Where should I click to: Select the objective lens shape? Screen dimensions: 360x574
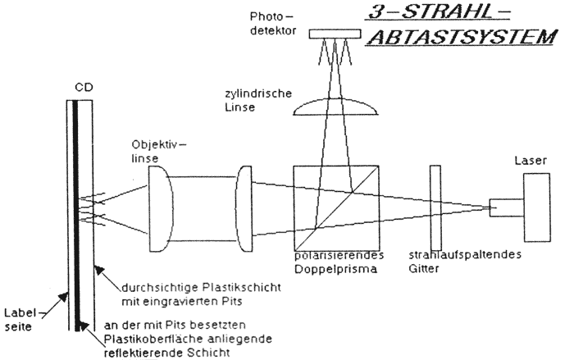pos(160,208)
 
